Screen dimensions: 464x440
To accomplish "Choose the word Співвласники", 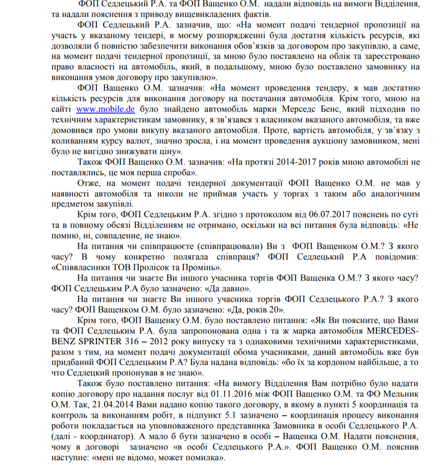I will click(77, 268).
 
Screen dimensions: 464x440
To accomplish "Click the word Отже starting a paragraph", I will click(87, 183).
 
